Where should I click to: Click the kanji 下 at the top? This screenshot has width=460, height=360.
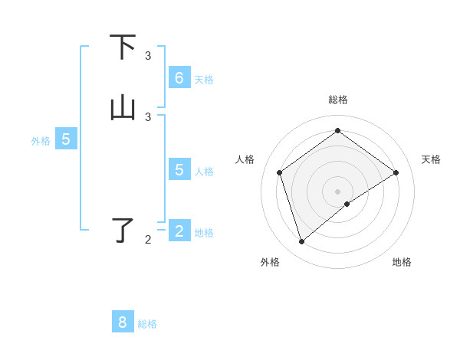pos(123,47)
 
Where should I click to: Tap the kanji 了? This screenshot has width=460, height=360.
pos(123,231)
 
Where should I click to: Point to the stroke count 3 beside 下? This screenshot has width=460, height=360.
pos(148,56)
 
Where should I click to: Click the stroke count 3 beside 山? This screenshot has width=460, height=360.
pos(148,117)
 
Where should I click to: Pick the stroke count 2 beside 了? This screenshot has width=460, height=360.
pos(148,240)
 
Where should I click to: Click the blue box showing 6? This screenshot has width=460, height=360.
pos(179,78)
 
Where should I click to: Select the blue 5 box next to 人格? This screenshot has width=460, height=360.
pos(179,170)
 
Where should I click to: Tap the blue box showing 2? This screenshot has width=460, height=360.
pos(179,231)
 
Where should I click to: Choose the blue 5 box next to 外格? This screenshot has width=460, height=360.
pos(66,139)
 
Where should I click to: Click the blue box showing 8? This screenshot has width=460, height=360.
pos(123,322)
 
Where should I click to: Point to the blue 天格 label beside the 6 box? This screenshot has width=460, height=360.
pos(204,80)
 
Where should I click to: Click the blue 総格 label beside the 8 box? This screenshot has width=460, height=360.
pos(147,324)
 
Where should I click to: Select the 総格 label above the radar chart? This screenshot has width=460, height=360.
pos(338,100)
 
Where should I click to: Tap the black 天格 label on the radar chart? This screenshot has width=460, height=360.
pos(431,159)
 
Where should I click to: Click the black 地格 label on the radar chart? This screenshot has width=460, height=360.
pos(402,262)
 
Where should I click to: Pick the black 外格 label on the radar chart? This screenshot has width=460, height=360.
pos(270,262)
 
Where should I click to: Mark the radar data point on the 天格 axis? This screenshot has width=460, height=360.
pos(396,172)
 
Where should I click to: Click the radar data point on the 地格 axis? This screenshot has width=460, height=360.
pos(347,204)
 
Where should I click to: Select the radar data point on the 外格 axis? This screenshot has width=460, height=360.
pos(301,242)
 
